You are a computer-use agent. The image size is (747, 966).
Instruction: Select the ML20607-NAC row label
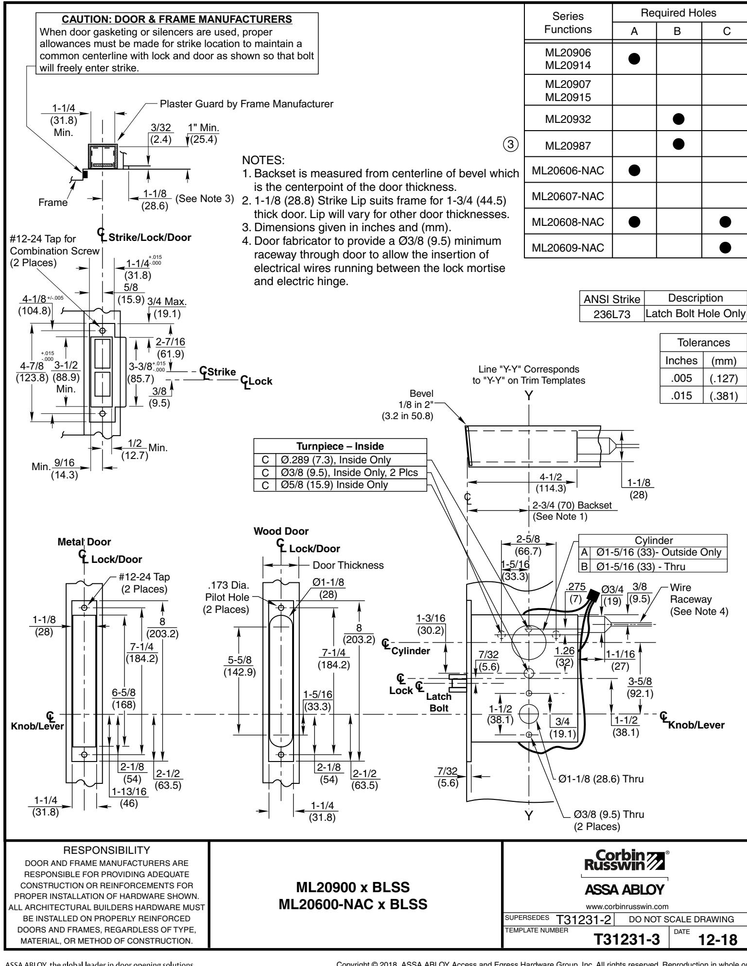point(567,196)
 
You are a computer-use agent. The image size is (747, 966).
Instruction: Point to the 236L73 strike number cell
point(611,314)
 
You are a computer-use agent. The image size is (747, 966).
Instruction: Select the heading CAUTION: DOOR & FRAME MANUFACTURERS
point(177,20)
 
